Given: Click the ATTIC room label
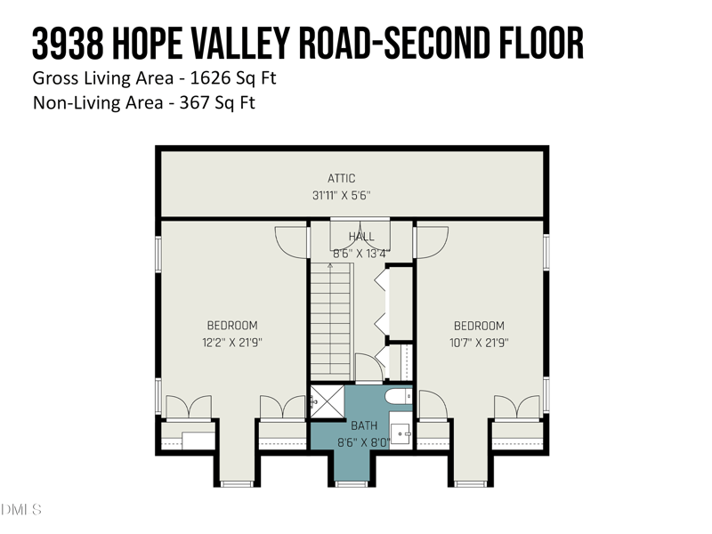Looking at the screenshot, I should click(x=342, y=179).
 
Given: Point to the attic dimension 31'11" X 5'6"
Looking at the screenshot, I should click(x=342, y=195).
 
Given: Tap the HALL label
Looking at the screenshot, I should click(x=361, y=237).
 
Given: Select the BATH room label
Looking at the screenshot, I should click(x=363, y=426).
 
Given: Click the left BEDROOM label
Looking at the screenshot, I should click(x=232, y=326).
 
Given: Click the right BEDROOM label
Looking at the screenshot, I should click(x=479, y=326).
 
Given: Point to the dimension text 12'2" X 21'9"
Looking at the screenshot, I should click(x=232, y=342).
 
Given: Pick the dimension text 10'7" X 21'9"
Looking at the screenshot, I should click(x=479, y=342).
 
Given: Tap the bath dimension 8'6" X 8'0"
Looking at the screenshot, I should click(x=363, y=441).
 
